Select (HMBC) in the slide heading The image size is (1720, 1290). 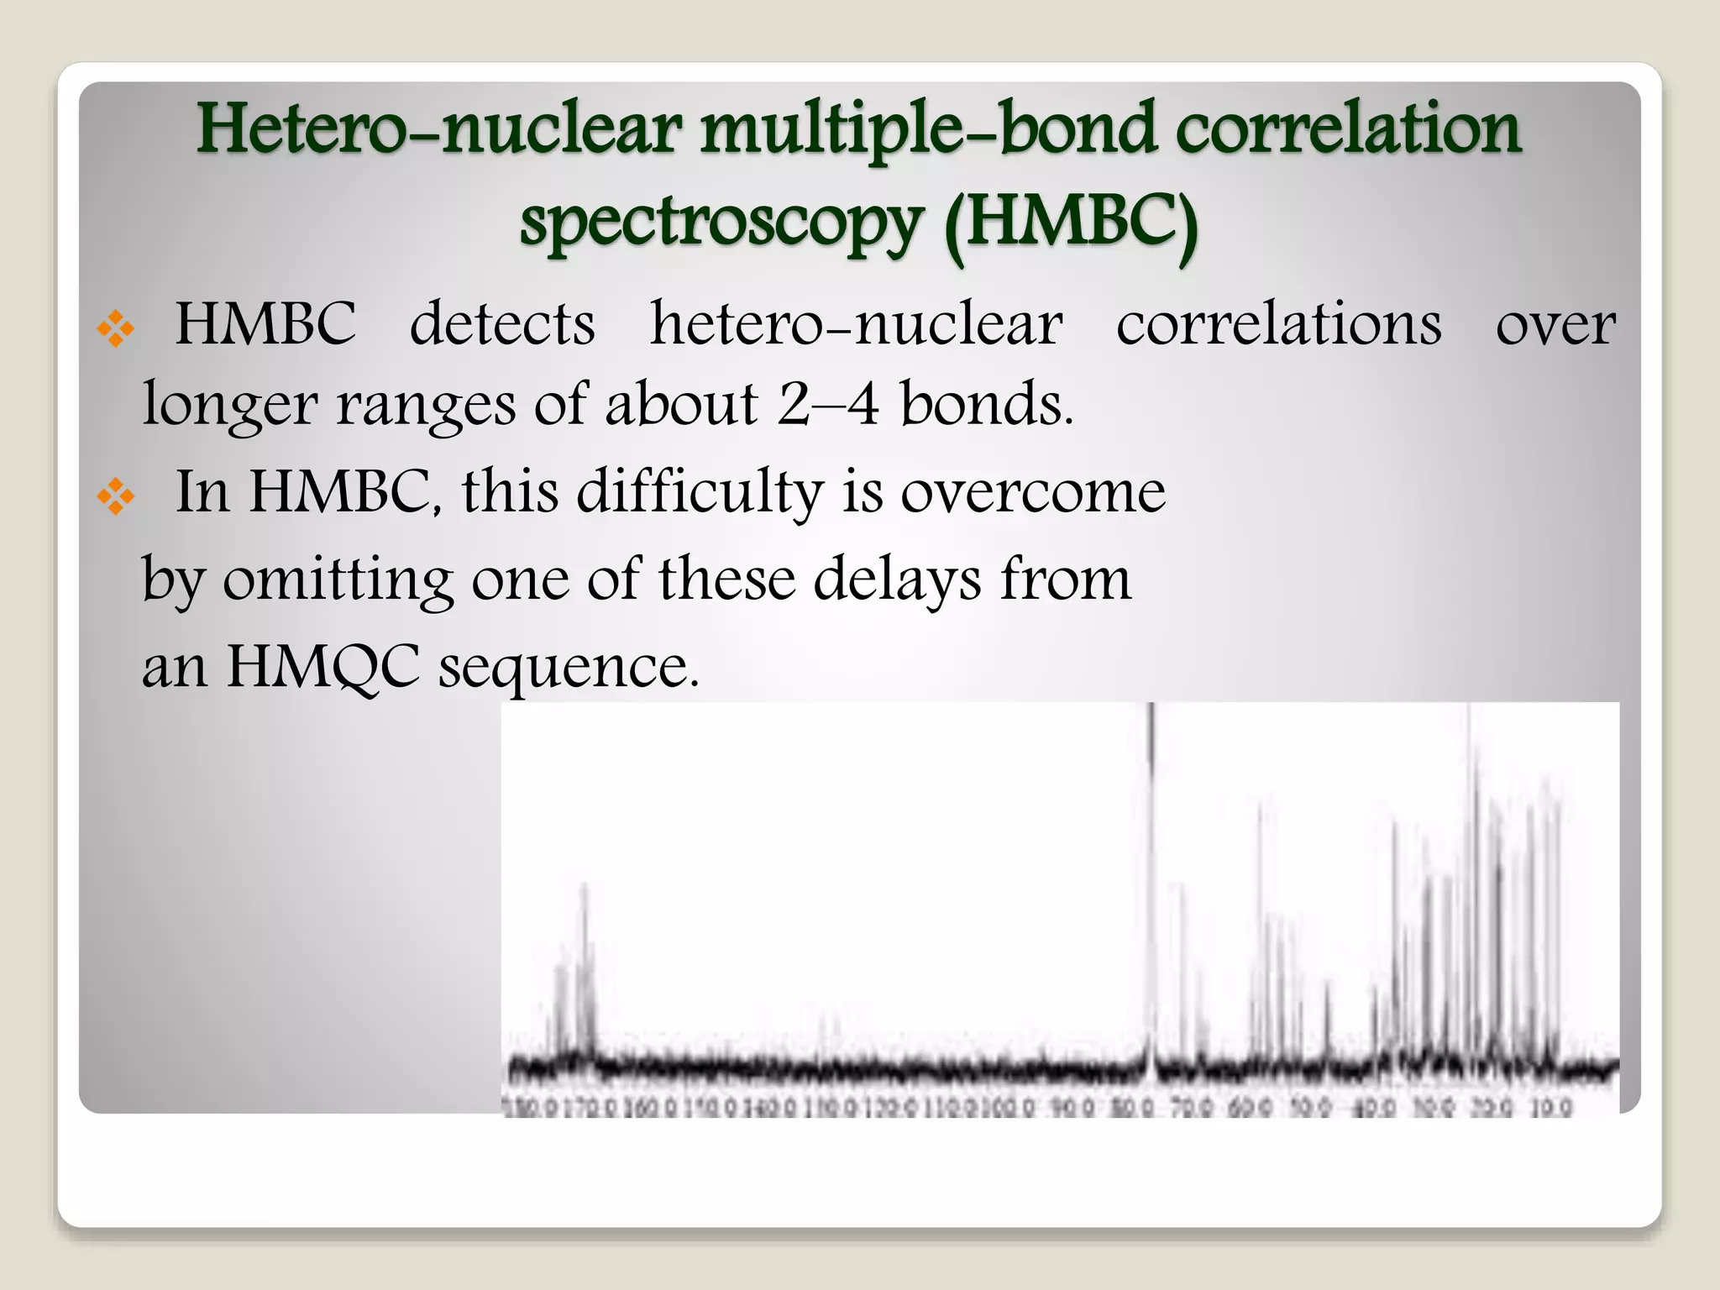[1071, 222]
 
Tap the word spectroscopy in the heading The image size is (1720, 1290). [721, 222]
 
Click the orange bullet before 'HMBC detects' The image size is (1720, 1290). [115, 329]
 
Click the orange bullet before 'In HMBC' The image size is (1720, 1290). [115, 496]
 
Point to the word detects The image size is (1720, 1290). [501, 324]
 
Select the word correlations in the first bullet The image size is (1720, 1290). [1278, 324]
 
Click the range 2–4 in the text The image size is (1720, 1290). [827, 404]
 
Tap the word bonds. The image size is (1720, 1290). [986, 404]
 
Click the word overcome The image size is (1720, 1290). [1032, 492]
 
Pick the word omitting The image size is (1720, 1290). [337, 579]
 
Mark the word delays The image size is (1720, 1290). [897, 579]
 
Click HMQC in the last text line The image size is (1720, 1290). [322, 667]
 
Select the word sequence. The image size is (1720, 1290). [569, 667]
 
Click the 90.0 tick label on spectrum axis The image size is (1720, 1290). [1072, 1109]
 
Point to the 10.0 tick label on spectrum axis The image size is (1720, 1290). [1550, 1109]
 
